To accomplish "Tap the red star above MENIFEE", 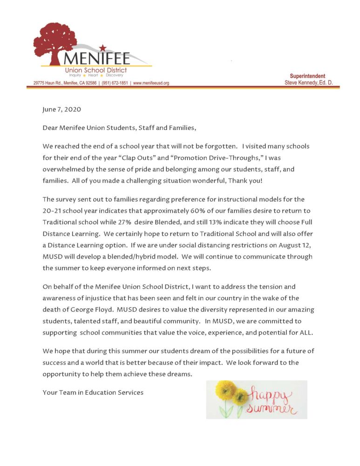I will point(103,47).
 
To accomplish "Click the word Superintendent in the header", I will point(307,76).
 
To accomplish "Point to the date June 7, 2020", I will point(61,110).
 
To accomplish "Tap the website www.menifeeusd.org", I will point(151,83).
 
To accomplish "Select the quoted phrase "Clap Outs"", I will point(138,158).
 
